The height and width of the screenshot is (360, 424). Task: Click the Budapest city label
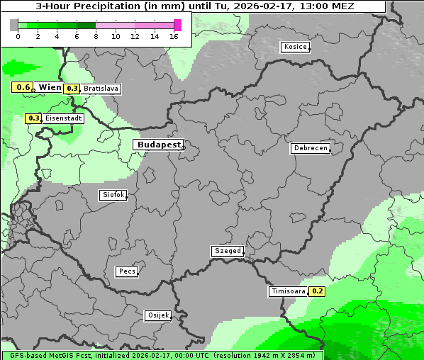pyautogui.click(x=158, y=145)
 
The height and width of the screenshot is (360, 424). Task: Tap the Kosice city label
pyautogui.click(x=294, y=47)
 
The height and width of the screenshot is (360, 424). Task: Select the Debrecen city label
pyautogui.click(x=310, y=148)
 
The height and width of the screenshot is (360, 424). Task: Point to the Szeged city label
pyautogui.click(x=228, y=251)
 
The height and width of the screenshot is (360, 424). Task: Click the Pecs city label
pyautogui.click(x=127, y=271)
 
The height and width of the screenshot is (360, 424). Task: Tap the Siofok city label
pyautogui.click(x=112, y=194)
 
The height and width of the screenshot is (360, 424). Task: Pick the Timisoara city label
pyautogui.click(x=288, y=291)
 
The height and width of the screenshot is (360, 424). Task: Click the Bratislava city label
pyautogui.click(x=101, y=89)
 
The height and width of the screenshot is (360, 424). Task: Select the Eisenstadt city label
pyautogui.click(x=63, y=118)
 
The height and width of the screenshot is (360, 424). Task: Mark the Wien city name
pyautogui.click(x=50, y=87)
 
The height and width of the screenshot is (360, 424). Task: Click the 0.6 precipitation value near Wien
pyautogui.click(x=23, y=87)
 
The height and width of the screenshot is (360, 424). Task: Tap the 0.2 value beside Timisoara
pyautogui.click(x=317, y=291)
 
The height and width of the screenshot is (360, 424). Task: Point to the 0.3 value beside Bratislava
pyautogui.click(x=72, y=89)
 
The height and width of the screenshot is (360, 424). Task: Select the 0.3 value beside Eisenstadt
pyautogui.click(x=33, y=118)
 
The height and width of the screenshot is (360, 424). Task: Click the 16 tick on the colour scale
pyautogui.click(x=174, y=36)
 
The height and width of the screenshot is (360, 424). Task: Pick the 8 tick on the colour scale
pyautogui.click(x=96, y=36)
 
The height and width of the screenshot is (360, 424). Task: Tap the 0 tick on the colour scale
pyautogui.click(x=18, y=36)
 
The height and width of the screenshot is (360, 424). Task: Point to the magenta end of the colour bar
pyautogui.click(x=178, y=25)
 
